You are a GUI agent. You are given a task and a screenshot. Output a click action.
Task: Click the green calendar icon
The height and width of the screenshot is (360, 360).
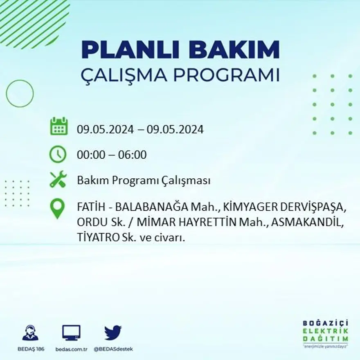click(x=59, y=126)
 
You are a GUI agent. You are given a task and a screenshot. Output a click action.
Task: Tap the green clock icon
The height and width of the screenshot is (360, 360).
click(x=58, y=154)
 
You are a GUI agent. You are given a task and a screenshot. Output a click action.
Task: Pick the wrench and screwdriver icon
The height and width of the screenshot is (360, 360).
click(x=58, y=179)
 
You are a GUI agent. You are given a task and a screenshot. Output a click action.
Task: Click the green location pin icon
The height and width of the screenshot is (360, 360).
click(x=58, y=208)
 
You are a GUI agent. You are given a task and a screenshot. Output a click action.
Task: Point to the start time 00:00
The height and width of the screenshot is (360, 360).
click(x=89, y=155)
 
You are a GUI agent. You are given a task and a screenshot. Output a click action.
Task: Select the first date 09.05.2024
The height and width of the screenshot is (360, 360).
click(x=105, y=130)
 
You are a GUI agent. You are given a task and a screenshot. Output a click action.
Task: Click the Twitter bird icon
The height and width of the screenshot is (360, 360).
click(x=112, y=333)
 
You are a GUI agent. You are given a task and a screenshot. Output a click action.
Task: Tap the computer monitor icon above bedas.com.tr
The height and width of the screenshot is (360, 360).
click(x=71, y=333)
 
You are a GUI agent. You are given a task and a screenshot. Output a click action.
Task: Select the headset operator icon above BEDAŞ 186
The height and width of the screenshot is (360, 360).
click(x=30, y=333)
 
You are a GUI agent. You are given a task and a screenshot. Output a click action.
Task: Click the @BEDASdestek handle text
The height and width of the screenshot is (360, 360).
click(x=113, y=349)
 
